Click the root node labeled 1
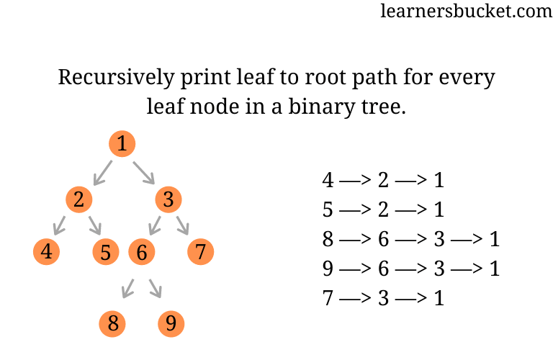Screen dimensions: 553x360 pyautogui.click(x=122, y=144)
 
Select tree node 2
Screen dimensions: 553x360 pyautogui.click(x=78, y=199)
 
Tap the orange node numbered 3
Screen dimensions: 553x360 pyautogui.click(x=168, y=199)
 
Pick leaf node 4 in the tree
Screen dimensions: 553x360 pyautogui.click(x=47, y=252)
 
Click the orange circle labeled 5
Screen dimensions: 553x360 pyautogui.click(x=106, y=253)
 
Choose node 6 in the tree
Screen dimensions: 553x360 pyautogui.click(x=142, y=253)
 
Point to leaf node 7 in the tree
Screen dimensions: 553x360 pyautogui.click(x=201, y=252)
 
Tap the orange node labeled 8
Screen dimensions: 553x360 pyautogui.click(x=112, y=323)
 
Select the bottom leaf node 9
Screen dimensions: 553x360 pyautogui.click(x=171, y=323)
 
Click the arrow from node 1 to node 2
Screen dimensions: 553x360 pyautogui.click(x=103, y=172)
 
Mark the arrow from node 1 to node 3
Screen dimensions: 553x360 pyautogui.click(x=144, y=172)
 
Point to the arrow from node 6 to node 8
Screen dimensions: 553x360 pyautogui.click(x=129, y=288)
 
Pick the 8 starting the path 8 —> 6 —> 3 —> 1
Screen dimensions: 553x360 pyautogui.click(x=328, y=238)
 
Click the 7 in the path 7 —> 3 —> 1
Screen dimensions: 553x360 pyautogui.click(x=328, y=297)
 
